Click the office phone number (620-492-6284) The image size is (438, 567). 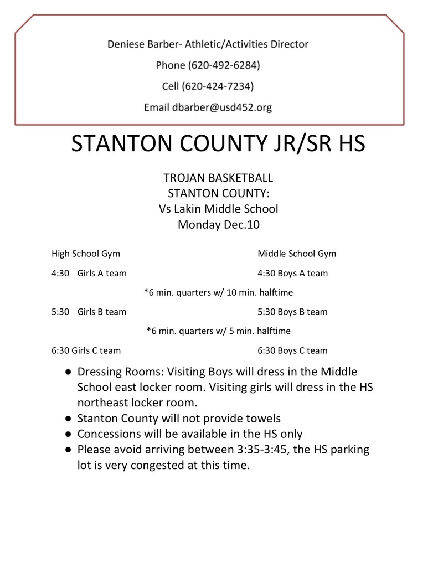[224, 65]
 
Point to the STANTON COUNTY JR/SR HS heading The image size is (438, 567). [219, 143]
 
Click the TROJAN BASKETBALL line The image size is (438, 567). [218, 178]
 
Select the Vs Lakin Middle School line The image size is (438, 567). [218, 209]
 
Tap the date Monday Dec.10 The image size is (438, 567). [218, 224]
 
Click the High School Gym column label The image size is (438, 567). [86, 254]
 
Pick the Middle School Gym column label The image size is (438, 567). [297, 254]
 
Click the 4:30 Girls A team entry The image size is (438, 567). [89, 273]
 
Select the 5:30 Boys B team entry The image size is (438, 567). [292, 312]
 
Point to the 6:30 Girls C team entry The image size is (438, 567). [86, 350]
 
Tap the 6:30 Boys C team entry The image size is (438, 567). [292, 350]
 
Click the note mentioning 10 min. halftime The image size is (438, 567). [218, 292]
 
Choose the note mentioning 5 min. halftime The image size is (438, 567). [218, 331]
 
